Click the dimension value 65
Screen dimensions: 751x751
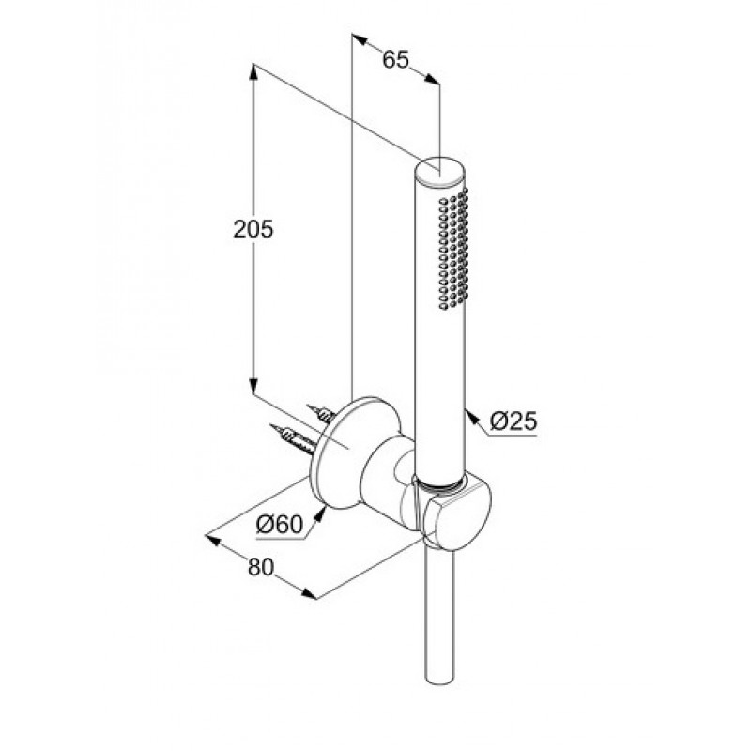point(396,60)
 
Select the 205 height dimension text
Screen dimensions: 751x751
point(253,229)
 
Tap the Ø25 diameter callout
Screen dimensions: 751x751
point(513,421)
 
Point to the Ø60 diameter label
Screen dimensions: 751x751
point(280,525)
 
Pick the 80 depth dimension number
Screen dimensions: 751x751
point(261,568)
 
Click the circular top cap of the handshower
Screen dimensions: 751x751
point(439,170)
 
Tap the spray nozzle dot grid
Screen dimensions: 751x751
point(452,248)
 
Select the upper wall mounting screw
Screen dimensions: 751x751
point(320,413)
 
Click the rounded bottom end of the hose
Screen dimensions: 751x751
point(439,682)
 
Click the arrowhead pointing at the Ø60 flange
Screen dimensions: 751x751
point(319,514)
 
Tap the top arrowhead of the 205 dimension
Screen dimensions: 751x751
point(253,71)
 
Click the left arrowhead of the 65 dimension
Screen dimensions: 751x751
point(360,39)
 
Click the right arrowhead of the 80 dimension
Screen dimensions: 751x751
point(310,593)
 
